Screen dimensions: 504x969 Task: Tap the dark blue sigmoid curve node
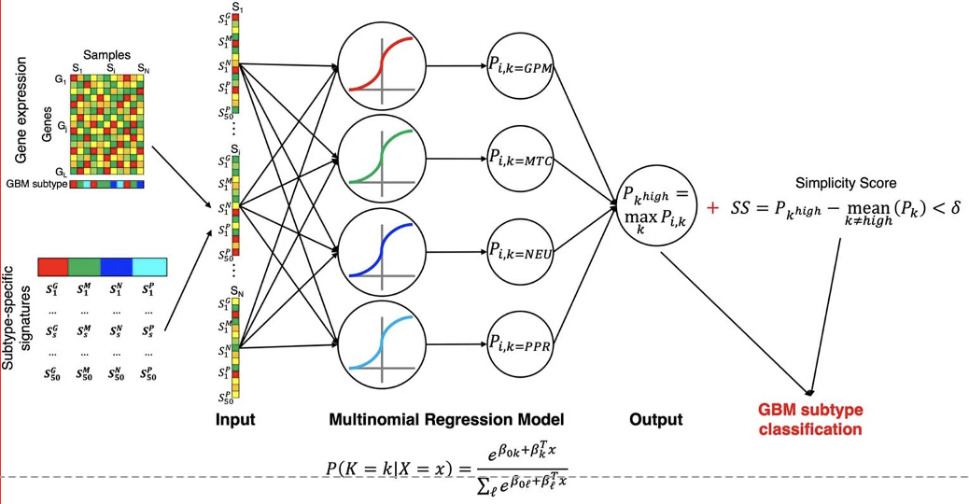pos(383,252)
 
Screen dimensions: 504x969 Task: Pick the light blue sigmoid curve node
pos(383,345)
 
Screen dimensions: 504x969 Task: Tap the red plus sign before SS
pos(713,207)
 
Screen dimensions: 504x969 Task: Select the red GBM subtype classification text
pos(810,420)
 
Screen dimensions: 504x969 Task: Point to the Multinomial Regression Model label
pos(446,420)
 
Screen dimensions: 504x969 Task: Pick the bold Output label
pos(654,420)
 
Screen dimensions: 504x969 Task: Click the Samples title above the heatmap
pos(107,55)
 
